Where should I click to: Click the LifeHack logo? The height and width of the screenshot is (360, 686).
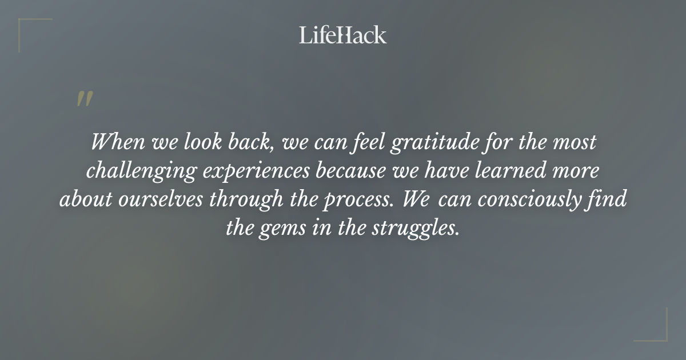coord(342,35)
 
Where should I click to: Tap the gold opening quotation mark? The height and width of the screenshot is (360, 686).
coord(84,98)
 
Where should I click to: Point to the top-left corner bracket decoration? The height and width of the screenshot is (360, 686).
coord(29,29)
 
